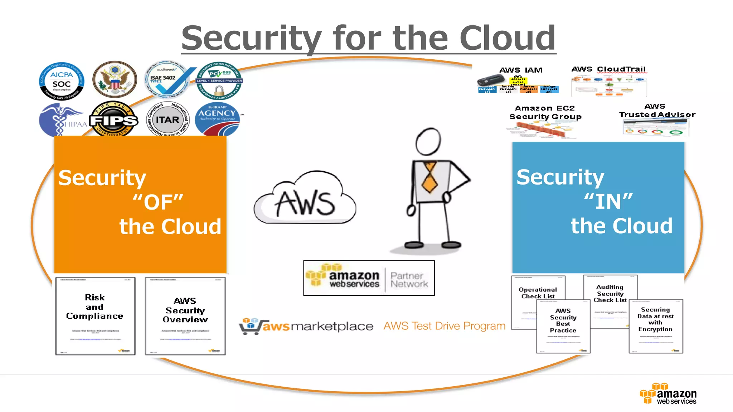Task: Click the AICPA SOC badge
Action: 62,81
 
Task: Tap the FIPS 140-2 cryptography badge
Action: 113,119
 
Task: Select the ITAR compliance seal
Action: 168,119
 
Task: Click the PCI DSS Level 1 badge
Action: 219,81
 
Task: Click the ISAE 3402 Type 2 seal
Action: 167,79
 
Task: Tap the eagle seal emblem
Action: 115,79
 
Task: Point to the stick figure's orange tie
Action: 429,177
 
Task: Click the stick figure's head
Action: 428,142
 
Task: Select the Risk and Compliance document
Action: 95,316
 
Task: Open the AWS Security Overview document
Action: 185,316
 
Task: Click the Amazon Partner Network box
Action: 369,278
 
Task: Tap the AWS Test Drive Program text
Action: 444,326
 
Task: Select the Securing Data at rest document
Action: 656,326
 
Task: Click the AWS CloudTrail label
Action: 608,69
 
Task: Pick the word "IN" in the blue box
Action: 608,202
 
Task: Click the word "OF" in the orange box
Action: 158,202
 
